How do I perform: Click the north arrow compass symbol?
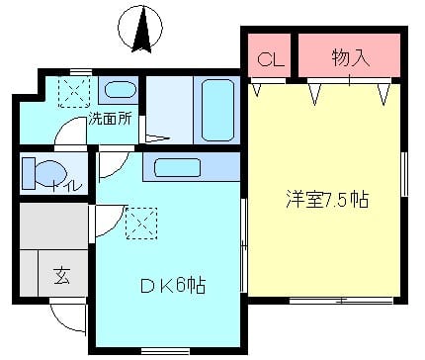tap(140, 29)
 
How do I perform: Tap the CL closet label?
tap(271, 60)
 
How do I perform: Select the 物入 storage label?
tap(351, 58)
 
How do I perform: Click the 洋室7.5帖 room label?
tap(327, 200)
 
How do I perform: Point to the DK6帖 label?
tap(173, 285)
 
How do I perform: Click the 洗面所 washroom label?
tap(110, 119)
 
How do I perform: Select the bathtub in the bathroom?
tap(217, 111)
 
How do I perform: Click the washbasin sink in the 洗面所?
tap(120, 90)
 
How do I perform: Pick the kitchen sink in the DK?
tap(177, 167)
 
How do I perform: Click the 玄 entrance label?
tap(61, 276)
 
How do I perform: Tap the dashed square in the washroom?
tap(74, 92)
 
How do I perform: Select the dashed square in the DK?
tap(141, 224)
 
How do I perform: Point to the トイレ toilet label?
tap(68, 187)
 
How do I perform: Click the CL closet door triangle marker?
tap(257, 90)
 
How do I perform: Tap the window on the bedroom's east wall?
tap(404, 174)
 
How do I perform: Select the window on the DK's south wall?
tap(165, 351)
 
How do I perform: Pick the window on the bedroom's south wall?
tap(341, 301)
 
